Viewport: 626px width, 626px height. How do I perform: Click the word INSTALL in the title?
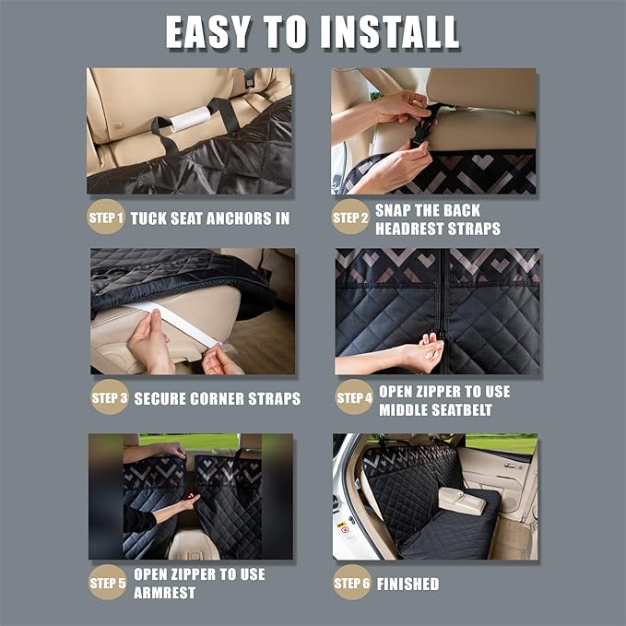click(x=390, y=32)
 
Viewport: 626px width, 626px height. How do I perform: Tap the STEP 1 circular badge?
click(x=106, y=218)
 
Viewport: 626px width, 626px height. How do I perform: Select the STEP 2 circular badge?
click(x=350, y=218)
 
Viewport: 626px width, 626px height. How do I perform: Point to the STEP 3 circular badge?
click(x=110, y=398)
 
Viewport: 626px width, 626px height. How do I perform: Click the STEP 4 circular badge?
click(x=354, y=398)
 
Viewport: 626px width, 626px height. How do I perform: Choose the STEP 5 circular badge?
click(x=107, y=582)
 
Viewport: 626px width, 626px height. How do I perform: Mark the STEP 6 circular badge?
click(x=351, y=582)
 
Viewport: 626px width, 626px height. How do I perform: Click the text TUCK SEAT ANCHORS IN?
click(x=210, y=219)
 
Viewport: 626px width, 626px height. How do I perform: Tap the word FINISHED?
click(x=408, y=584)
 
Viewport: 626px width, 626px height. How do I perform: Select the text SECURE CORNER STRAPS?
click(x=218, y=399)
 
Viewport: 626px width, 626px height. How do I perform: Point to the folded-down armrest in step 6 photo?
click(x=461, y=500)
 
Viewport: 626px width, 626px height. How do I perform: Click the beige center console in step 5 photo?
click(x=195, y=544)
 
